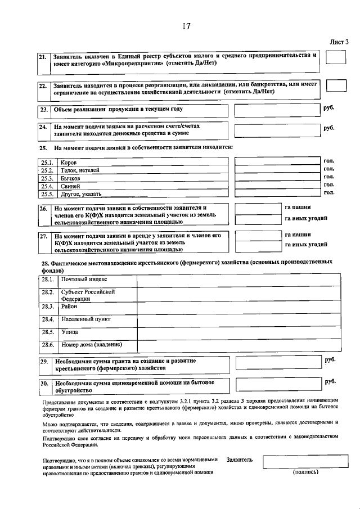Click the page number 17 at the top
point(186,26)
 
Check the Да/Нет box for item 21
point(336,58)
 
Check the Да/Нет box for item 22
point(336,86)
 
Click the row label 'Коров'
point(69,163)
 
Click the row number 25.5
point(47,194)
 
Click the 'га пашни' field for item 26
point(256,208)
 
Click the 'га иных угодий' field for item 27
point(256,246)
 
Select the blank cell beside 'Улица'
point(238,332)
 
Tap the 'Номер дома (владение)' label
point(91,344)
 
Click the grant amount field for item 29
point(276,363)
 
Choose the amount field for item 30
point(276,385)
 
